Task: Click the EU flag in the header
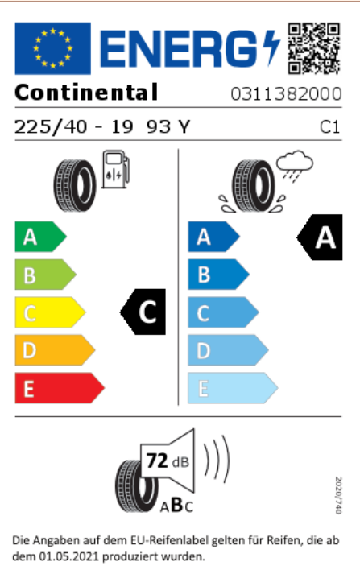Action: (52, 48)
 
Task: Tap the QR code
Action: (314, 48)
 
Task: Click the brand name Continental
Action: (86, 93)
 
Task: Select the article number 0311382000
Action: (286, 93)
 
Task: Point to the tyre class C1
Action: (330, 127)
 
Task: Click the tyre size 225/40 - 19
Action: (73, 127)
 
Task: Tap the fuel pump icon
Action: (116, 169)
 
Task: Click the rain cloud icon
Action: (294, 165)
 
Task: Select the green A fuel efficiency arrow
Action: (41, 237)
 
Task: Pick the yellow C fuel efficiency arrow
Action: (50, 312)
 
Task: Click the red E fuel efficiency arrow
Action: (60, 388)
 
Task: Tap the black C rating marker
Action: (143, 312)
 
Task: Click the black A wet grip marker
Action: (320, 237)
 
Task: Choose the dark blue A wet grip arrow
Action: (213, 237)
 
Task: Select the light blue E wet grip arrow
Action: (233, 388)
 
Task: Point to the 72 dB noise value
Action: (168, 461)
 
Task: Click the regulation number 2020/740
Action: (338, 495)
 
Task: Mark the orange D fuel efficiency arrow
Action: (55, 350)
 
